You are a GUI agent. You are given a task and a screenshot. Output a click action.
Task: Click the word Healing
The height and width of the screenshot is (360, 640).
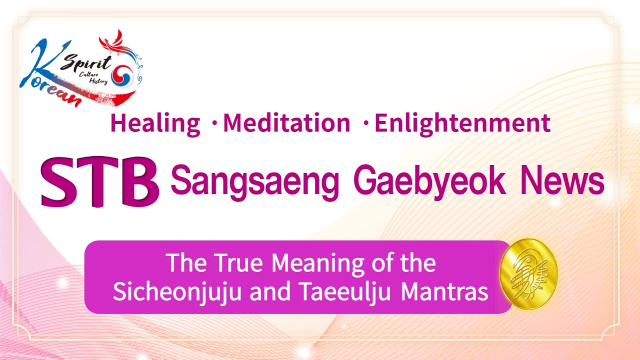coord(155,123)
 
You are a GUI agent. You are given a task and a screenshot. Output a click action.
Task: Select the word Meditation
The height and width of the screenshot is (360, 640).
coord(286,123)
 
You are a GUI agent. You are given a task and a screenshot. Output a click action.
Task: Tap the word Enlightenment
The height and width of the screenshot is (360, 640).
coord(462,123)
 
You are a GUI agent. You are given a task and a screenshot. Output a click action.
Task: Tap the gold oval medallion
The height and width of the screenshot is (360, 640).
coord(528,273)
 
